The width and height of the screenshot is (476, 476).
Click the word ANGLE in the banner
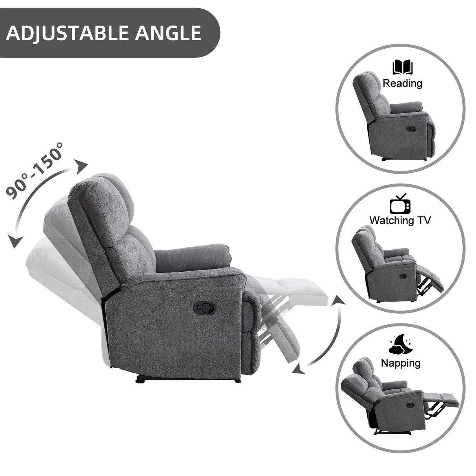pos(168,33)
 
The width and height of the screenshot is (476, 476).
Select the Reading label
pos(402,83)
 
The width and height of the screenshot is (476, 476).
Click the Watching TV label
pos(400,220)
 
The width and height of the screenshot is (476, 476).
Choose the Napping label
pos(401,363)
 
